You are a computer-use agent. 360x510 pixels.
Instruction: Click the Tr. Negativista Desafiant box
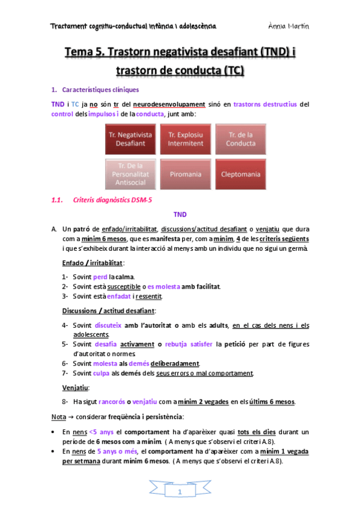coord(130,139)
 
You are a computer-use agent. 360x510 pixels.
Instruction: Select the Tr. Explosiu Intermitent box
coord(186,139)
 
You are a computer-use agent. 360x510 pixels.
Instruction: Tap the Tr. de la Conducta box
coord(240,139)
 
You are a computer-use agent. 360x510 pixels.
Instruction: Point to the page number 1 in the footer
coord(180,493)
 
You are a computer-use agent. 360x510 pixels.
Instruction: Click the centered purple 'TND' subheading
coord(180,214)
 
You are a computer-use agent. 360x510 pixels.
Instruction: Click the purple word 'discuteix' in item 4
coord(108,325)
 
